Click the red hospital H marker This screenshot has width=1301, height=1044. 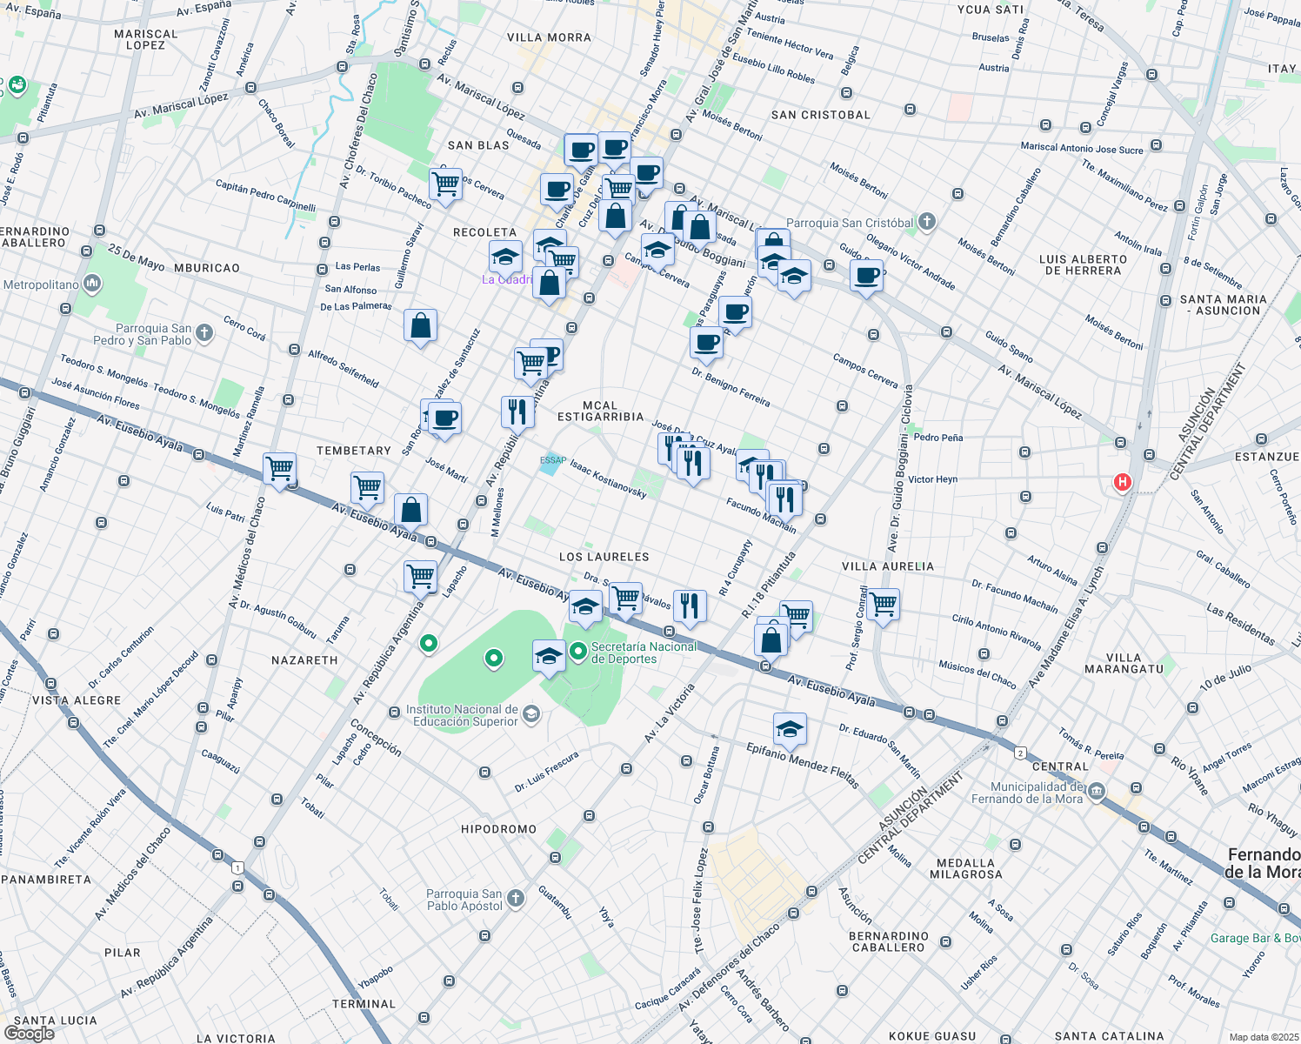tap(1122, 482)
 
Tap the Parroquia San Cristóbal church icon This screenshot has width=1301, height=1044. tap(927, 222)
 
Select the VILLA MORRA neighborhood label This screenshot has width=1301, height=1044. tap(549, 37)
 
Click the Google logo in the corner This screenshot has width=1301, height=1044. tap(29, 1033)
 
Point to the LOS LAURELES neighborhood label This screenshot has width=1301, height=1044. tap(604, 557)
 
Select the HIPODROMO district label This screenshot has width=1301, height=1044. tap(498, 829)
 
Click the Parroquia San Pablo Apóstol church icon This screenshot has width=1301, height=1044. tap(516, 898)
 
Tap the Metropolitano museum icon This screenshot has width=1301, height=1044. tap(91, 284)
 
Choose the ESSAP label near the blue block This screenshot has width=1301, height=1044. tap(552, 460)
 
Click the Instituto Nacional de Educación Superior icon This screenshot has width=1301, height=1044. tap(531, 714)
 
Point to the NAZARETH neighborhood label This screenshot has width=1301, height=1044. tap(304, 660)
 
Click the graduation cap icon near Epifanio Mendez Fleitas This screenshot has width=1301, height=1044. tap(790, 729)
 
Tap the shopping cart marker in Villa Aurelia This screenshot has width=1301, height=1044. tap(883, 603)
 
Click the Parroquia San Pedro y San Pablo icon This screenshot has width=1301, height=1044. tap(203, 332)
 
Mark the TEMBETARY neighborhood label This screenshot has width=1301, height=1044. tap(353, 451)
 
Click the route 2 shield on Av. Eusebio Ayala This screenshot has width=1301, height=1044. tap(1020, 753)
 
